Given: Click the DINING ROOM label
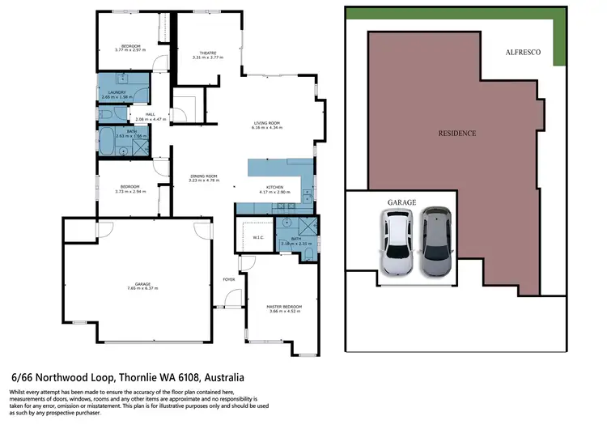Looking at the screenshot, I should click(x=203, y=176).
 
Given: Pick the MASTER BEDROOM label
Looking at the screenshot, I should click(x=283, y=307).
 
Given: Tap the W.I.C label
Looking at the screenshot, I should click(x=248, y=237).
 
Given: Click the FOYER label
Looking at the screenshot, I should click(x=229, y=279).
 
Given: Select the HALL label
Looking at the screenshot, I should click(x=150, y=114).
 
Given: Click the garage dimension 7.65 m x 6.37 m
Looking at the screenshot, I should click(x=138, y=288).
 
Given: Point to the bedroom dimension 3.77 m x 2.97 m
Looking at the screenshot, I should click(x=130, y=50).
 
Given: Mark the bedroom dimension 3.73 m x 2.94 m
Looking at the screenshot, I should click(x=129, y=192).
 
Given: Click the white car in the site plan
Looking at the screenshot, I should click(x=398, y=243).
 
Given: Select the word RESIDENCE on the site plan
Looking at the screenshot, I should click(x=457, y=133).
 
